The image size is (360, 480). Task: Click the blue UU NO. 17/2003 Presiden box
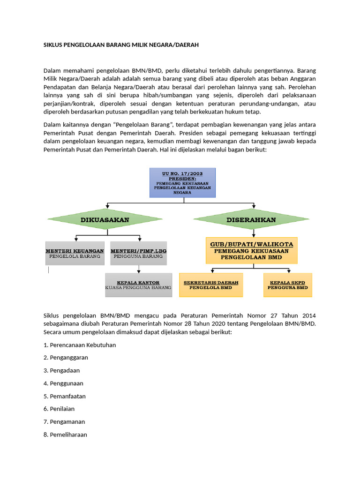tap(182, 182)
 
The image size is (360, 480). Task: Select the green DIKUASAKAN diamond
tap(105, 219)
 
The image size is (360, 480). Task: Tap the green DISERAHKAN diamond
tap(251, 219)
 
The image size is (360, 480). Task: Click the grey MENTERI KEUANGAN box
tap(75, 254)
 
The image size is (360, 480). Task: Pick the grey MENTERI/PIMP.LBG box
tap(139, 254)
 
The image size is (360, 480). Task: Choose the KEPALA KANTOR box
tap(138, 285)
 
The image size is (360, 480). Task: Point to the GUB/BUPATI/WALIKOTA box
tap(251, 251)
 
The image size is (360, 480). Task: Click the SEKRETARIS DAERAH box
tap(211, 285)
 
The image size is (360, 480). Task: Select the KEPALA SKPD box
tap(287, 285)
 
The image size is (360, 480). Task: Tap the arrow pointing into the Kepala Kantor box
tap(138, 269)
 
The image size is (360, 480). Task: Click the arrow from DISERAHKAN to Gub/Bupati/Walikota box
tap(253, 233)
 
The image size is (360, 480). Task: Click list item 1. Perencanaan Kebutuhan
tap(80, 345)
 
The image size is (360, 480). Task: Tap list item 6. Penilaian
tap(59, 409)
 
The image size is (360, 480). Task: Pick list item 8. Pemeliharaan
tap(65, 435)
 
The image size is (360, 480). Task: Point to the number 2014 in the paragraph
tap(306, 315)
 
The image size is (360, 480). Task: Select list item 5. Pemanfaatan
tap(64, 396)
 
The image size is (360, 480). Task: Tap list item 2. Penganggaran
tap(66, 358)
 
